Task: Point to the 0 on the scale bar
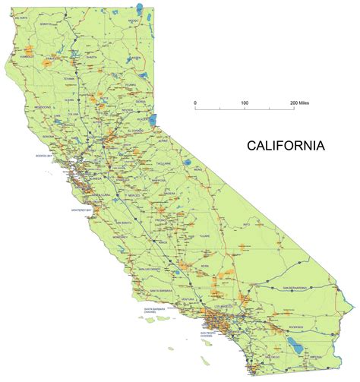(x=195, y=102)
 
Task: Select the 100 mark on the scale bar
(x=245, y=102)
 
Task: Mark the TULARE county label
(x=203, y=235)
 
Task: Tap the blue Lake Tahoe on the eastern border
(x=155, y=118)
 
